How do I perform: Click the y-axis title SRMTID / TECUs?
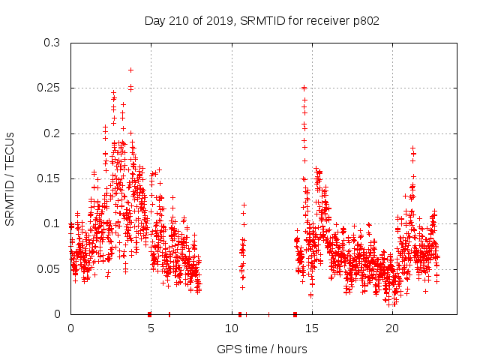10,178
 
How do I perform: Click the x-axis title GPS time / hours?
262,349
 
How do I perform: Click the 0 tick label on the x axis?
70,328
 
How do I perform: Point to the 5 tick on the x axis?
151,328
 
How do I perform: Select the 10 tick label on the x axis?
232,328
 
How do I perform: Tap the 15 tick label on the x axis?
312,328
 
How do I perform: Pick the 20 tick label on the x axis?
392,328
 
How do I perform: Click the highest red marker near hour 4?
130,70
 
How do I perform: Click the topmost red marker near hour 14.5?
304,88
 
